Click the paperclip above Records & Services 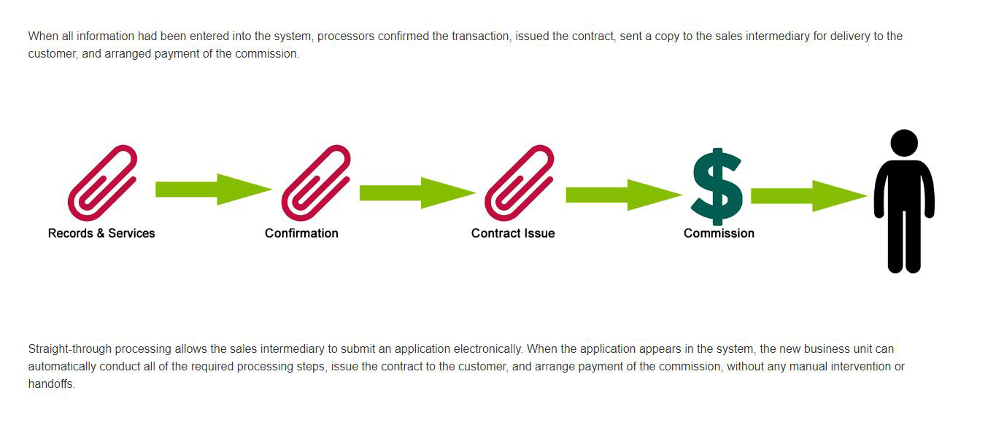coord(102,182)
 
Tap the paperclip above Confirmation coord(316,182)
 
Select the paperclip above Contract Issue coord(520,182)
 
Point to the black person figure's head coord(904,142)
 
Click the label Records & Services coord(101,233)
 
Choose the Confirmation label coord(301,233)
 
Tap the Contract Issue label coord(513,233)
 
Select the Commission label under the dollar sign coord(719,233)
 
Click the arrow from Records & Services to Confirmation coord(213,190)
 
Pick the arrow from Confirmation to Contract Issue coord(417,192)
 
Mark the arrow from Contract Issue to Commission coord(624,195)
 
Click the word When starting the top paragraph coord(42,36)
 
